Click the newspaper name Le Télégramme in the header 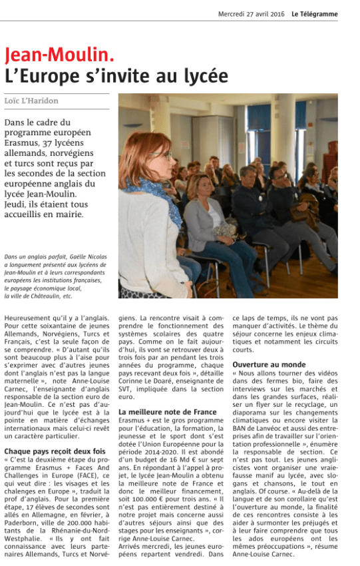click(x=314, y=14)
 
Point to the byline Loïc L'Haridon click(x=31, y=101)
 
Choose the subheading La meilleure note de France click(x=158, y=412)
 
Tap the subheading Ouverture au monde click(x=269, y=365)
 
